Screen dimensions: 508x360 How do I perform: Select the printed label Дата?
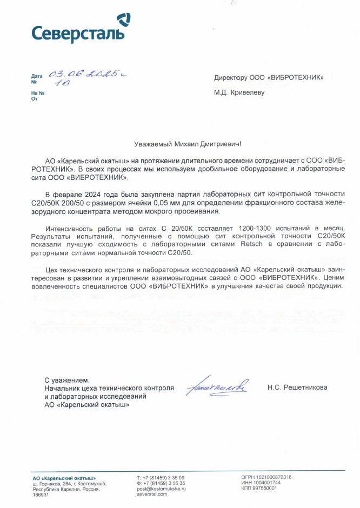click(x=36, y=77)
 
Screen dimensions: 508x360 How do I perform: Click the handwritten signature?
click(x=216, y=387)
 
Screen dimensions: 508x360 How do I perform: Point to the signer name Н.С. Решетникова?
click(x=297, y=387)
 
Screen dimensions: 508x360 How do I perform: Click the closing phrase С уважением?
click(x=65, y=380)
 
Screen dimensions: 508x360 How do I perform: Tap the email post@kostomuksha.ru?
click(x=162, y=489)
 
